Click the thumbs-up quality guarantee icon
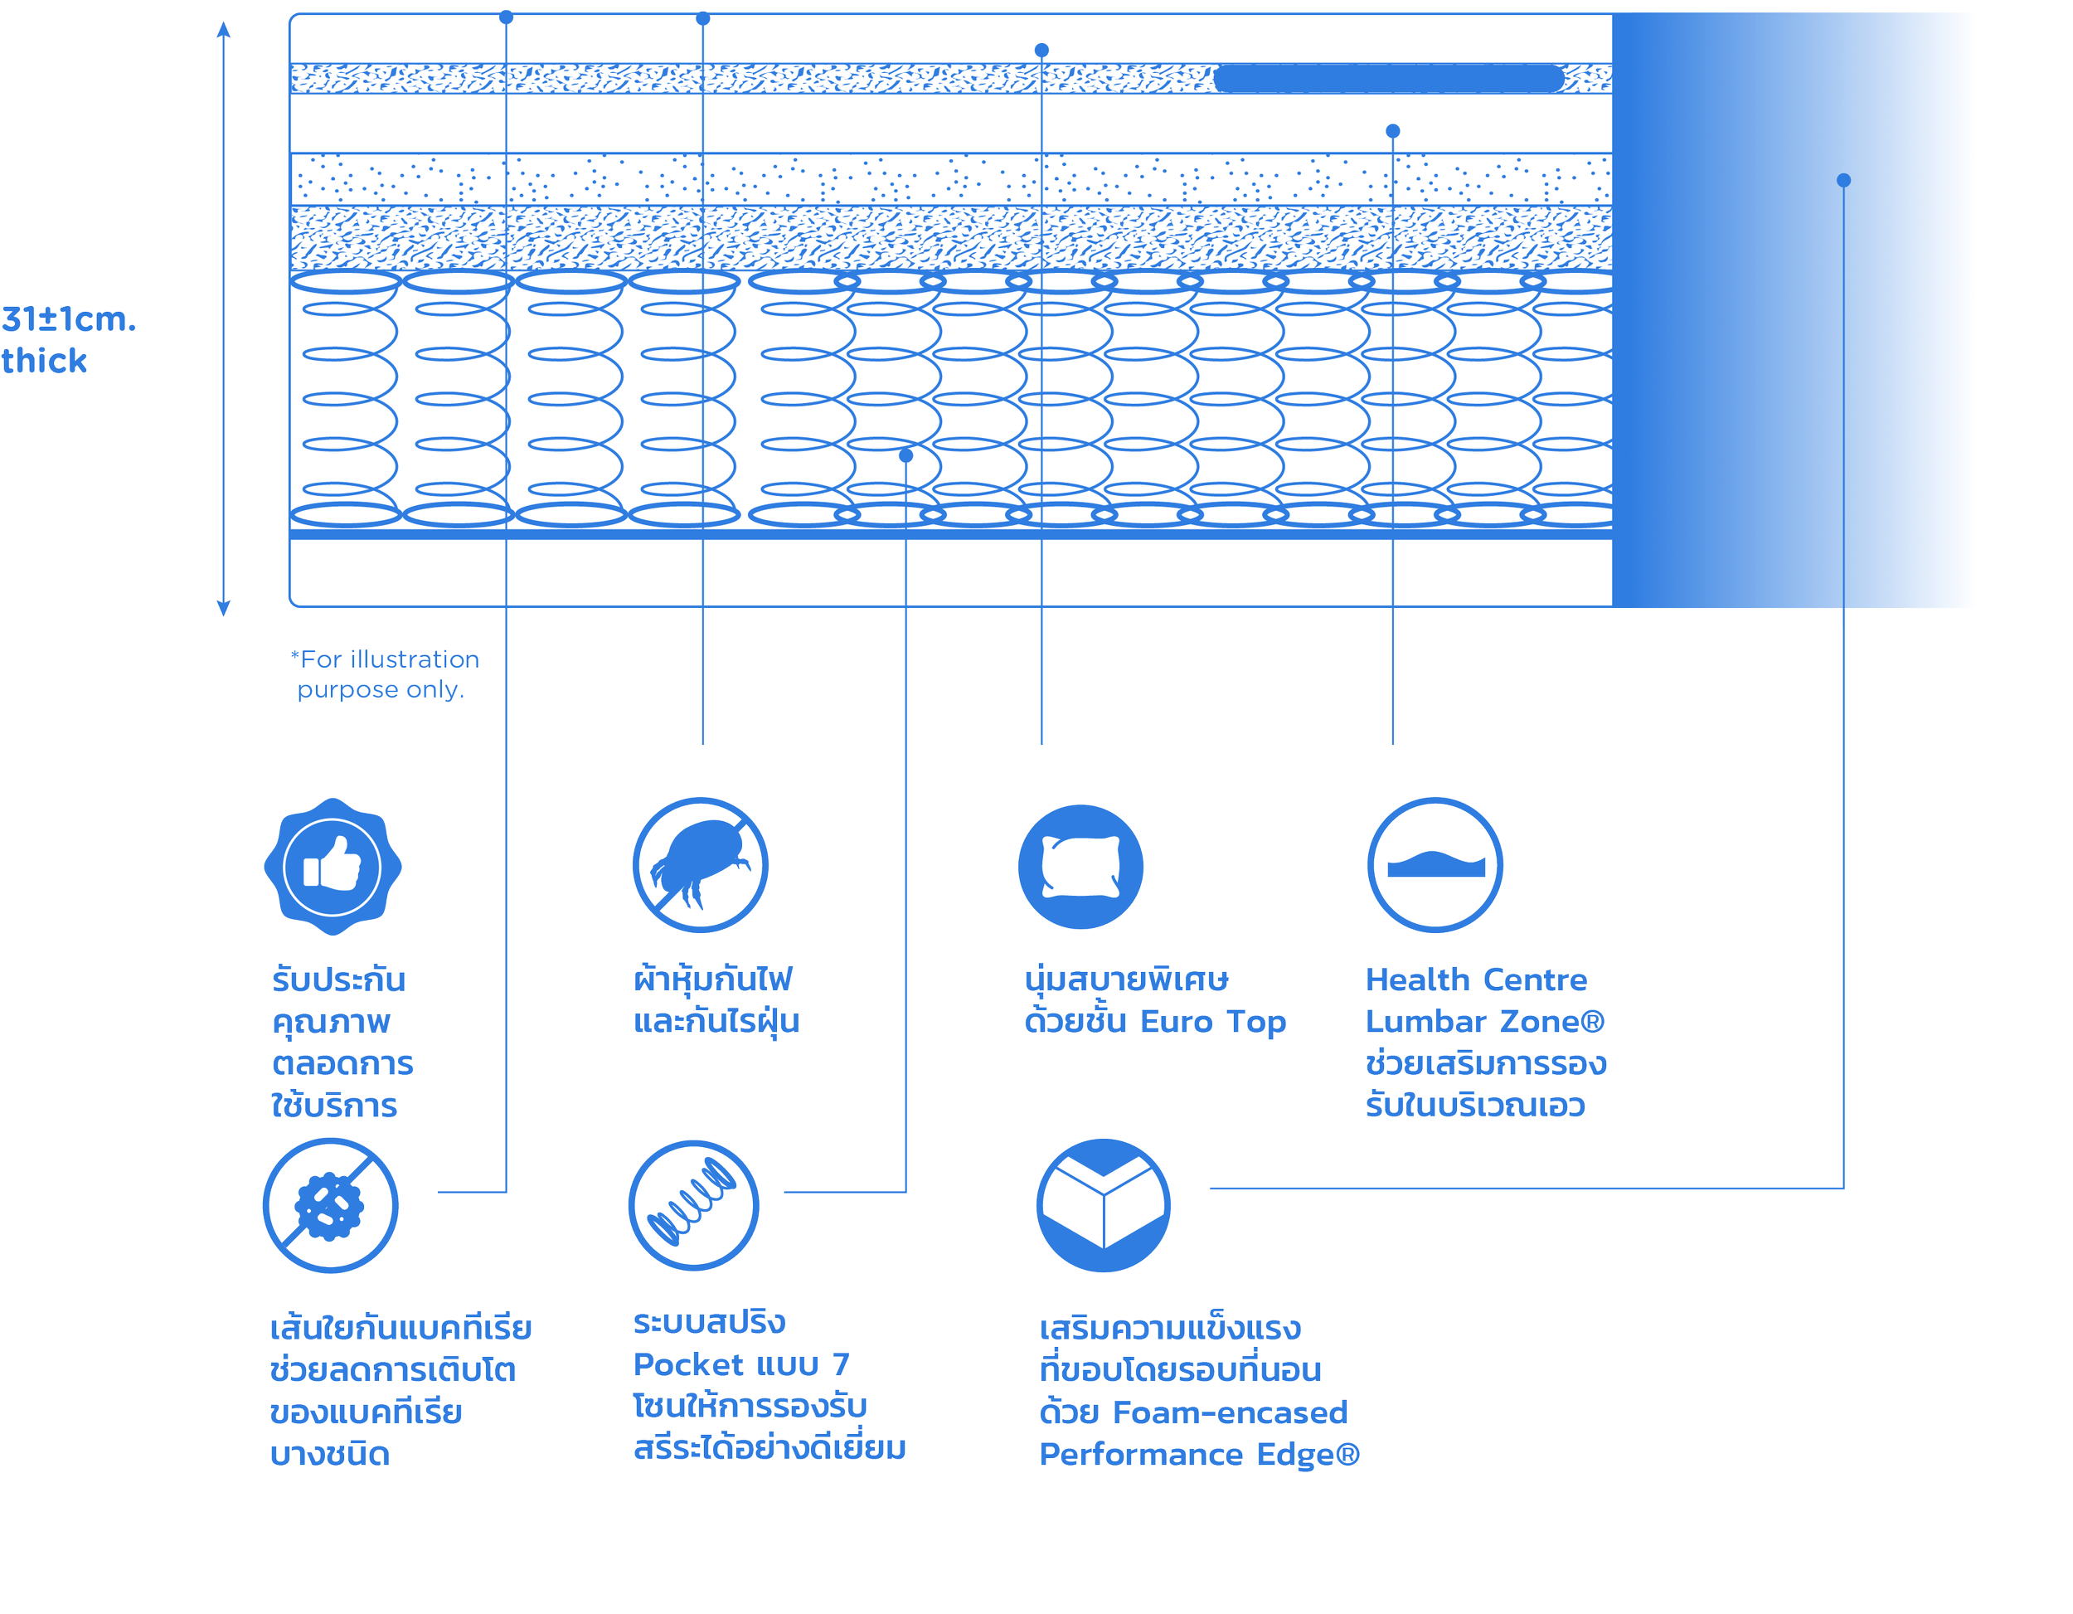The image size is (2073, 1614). [x=333, y=866]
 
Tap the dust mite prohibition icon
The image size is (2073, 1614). [x=701, y=865]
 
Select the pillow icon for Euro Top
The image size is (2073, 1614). [x=1080, y=866]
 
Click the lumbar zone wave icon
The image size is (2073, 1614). [x=1435, y=865]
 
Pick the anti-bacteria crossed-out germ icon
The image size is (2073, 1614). [x=330, y=1206]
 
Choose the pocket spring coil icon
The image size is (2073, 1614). [x=694, y=1206]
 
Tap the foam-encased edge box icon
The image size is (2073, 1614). [x=1103, y=1206]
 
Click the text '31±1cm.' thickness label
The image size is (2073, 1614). [x=68, y=319]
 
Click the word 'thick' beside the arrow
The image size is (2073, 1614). [x=44, y=361]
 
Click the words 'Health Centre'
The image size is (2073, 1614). [x=1476, y=979]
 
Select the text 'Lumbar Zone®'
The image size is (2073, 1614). [x=1484, y=1022]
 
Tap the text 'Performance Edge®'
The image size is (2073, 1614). [x=1199, y=1454]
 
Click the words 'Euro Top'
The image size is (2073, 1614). [x=1213, y=1022]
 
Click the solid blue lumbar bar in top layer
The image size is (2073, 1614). [x=1388, y=79]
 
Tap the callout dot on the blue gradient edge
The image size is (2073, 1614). [x=1843, y=180]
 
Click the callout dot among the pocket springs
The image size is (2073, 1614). [x=905, y=455]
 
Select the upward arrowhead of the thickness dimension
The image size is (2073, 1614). [x=223, y=28]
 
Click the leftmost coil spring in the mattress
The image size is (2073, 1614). [x=347, y=399]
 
